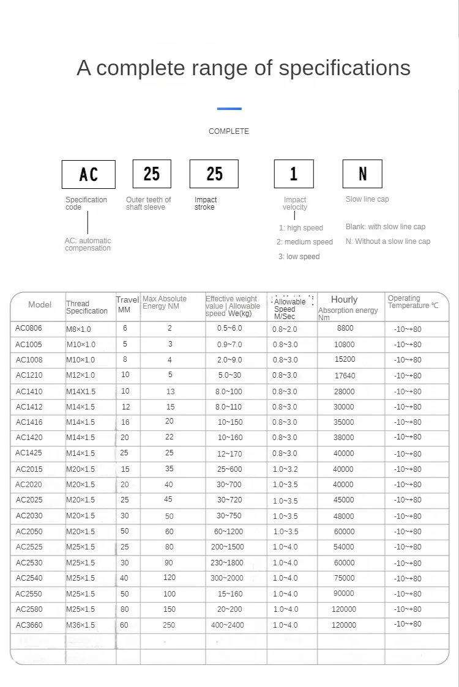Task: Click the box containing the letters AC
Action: [x=88, y=174]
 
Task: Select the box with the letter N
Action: [x=362, y=174]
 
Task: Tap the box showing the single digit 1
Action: [x=293, y=174]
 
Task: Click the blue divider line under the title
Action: [x=229, y=109]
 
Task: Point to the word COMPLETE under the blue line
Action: [x=229, y=131]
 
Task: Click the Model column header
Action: [x=40, y=304]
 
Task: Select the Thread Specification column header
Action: [x=87, y=307]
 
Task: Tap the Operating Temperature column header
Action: [x=413, y=302]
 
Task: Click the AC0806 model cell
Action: [x=29, y=328]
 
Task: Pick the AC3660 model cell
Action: [x=29, y=625]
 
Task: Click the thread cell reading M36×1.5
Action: [x=81, y=625]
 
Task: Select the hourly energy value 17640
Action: [x=344, y=375]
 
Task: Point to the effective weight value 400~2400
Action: [x=227, y=625]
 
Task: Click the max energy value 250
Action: [x=169, y=625]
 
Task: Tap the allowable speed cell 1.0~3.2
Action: [x=285, y=469]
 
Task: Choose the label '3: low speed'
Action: [x=299, y=257]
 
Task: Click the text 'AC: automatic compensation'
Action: [x=88, y=244]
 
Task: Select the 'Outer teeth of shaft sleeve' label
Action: [x=148, y=204]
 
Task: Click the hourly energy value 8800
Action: [x=345, y=328]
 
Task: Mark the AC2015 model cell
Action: [x=29, y=469]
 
